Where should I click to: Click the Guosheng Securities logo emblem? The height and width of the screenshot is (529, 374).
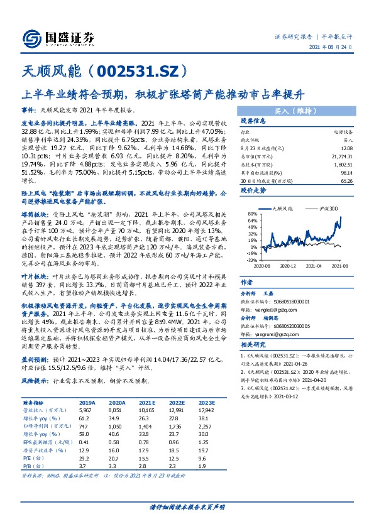(x=32, y=37)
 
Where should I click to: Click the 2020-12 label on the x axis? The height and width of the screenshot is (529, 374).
(x=289, y=266)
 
